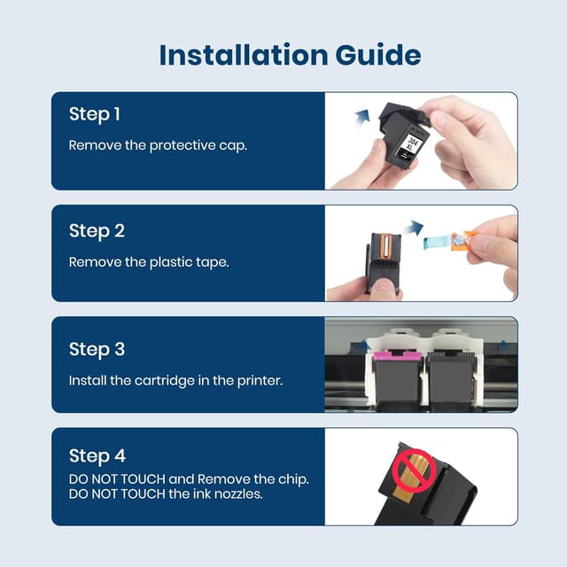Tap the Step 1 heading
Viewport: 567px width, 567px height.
pos(94,114)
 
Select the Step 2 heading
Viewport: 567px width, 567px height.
pos(96,230)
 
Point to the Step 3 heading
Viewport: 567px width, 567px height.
pos(96,349)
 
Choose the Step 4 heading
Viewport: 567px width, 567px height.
pos(96,456)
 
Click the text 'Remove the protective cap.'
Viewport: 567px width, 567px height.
pos(158,144)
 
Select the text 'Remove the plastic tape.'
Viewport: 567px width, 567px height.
pos(149,262)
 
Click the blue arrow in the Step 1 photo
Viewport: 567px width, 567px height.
pos(361,114)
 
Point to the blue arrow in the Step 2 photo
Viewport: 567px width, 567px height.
pos(413,229)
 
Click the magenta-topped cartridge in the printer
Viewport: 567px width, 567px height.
pos(392,373)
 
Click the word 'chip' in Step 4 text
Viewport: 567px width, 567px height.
pos(285,478)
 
